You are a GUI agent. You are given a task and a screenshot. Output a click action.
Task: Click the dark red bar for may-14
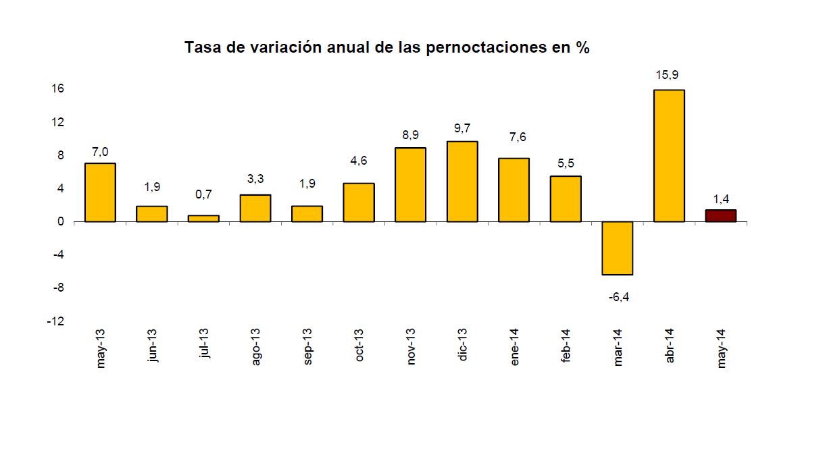tap(721, 215)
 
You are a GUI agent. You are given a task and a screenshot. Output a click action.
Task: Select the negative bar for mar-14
tap(618, 248)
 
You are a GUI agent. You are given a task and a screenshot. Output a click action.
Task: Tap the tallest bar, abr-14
tap(669, 155)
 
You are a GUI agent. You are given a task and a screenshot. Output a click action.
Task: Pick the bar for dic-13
tap(462, 181)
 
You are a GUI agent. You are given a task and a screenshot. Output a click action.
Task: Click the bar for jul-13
tap(203, 218)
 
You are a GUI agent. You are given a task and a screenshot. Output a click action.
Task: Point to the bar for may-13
tap(100, 192)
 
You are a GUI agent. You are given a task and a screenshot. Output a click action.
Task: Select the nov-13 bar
tap(410, 184)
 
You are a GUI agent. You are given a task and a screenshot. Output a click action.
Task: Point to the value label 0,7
tap(203, 194)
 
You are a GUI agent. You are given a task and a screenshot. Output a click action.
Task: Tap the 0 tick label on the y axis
tap(60, 221)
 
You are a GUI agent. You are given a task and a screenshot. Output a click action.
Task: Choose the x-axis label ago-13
tap(255, 347)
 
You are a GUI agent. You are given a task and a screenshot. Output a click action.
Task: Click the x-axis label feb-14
tap(566, 346)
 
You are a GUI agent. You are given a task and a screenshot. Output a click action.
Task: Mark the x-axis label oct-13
tap(359, 346)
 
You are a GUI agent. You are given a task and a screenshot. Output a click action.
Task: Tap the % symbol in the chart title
tap(583, 48)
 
